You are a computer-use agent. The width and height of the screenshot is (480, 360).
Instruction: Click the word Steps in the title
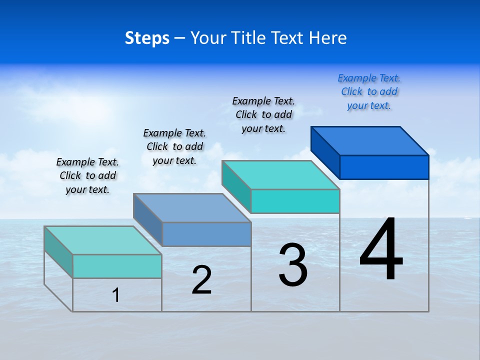pos(147,38)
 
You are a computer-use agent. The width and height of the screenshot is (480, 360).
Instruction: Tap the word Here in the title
pos(328,38)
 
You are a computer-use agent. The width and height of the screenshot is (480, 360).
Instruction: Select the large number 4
pos(381,250)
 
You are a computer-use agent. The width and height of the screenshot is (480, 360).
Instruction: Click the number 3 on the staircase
pos(293,265)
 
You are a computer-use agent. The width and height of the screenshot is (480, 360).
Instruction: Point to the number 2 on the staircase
pos(201,280)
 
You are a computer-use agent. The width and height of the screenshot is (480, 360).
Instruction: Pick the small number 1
pos(116,295)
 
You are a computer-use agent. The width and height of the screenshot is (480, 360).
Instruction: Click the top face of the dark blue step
pos(370,140)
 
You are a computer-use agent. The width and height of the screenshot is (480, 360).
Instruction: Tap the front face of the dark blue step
pos(384,167)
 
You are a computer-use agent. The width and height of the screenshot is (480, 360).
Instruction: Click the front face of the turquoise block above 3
pos(295,201)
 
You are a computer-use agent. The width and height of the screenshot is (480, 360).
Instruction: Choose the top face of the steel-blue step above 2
pos(192,207)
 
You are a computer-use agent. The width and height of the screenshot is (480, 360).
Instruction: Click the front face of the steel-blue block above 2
pos(206,234)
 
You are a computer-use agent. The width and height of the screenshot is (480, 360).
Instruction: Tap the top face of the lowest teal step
pos(103,240)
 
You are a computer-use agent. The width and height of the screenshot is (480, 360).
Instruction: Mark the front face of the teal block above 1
pos(117,266)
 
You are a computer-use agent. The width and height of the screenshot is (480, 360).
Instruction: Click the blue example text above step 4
pos(369,91)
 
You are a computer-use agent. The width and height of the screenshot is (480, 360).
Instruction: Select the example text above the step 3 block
pos(263,114)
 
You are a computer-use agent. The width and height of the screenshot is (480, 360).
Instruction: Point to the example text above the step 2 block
pos(174,146)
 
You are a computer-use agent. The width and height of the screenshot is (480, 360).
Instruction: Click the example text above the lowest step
pos(87,175)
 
